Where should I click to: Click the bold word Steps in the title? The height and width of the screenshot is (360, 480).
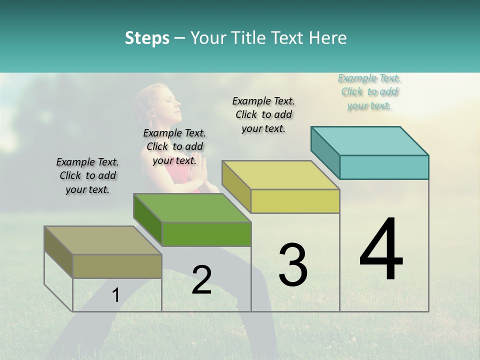pyautogui.click(x=147, y=38)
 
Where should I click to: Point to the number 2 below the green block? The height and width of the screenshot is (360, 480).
pyautogui.click(x=201, y=280)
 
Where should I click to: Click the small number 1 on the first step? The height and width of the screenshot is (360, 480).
pyautogui.click(x=115, y=295)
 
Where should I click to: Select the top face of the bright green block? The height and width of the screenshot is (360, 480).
pyautogui.click(x=192, y=208)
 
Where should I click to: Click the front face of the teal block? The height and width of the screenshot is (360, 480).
pyautogui.click(x=384, y=167)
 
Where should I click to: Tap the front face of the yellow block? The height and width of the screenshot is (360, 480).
pyautogui.click(x=295, y=201)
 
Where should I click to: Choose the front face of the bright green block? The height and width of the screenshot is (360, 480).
pyautogui.click(x=206, y=234)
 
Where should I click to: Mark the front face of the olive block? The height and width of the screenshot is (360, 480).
pyautogui.click(x=117, y=266)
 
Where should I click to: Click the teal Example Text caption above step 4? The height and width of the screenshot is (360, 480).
pyautogui.click(x=369, y=92)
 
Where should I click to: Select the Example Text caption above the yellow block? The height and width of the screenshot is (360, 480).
pyautogui.click(x=263, y=114)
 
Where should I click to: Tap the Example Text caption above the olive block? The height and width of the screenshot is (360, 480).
pyautogui.click(x=87, y=175)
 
